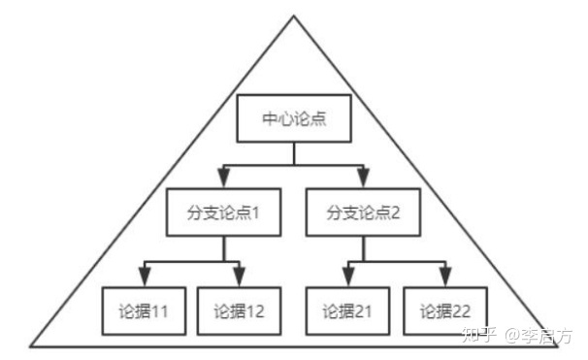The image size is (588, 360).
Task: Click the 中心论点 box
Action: pos(295,118)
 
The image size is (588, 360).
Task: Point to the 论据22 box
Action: pos(444,311)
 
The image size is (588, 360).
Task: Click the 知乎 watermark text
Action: pos(479,337)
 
